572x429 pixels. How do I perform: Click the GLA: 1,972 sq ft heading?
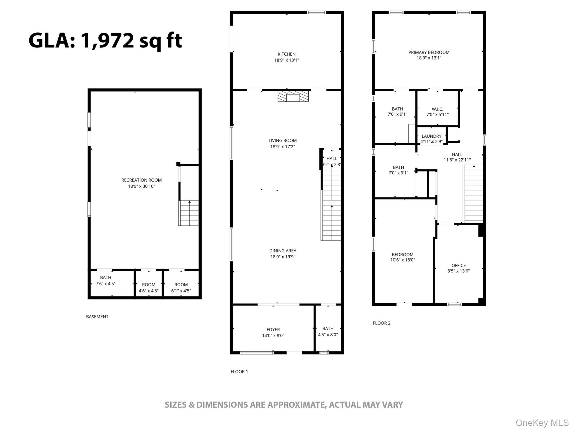click(x=105, y=41)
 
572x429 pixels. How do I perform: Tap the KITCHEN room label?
click(x=287, y=54)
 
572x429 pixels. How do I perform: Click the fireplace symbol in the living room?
click(x=293, y=96)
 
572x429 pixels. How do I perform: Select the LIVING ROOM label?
click(x=283, y=140)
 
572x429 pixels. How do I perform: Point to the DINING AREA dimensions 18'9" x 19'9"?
click(x=283, y=257)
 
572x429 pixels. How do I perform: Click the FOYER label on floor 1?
click(x=273, y=330)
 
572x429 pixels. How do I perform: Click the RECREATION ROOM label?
click(x=141, y=180)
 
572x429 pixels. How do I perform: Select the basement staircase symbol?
click(x=189, y=213)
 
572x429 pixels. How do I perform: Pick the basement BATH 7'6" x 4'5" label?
click(x=106, y=280)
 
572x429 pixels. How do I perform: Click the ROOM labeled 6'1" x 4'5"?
click(x=181, y=288)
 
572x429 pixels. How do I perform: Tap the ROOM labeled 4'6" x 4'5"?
click(x=149, y=288)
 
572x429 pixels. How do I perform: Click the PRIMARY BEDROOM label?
click(x=429, y=52)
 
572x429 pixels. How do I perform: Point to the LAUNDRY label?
click(x=432, y=136)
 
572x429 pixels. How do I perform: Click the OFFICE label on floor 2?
click(x=459, y=265)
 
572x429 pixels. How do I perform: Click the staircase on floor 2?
click(x=473, y=194)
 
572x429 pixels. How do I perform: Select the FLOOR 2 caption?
click(x=382, y=323)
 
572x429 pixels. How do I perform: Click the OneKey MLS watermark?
click(x=542, y=423)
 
